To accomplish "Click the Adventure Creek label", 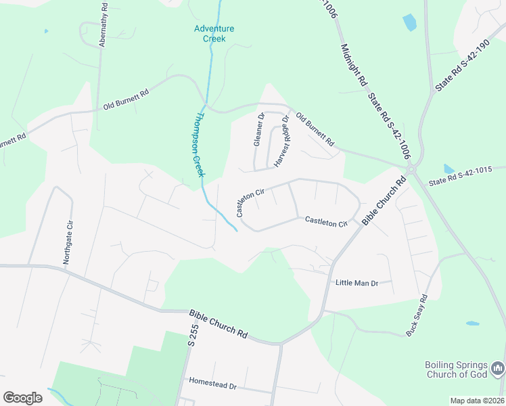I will (214, 33).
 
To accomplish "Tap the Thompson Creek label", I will (194, 144).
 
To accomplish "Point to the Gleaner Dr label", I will (258, 129).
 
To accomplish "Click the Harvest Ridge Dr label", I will (281, 141).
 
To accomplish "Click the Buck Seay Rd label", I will (417, 316).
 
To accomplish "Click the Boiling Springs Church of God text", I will (457, 369).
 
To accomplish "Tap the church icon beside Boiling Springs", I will (498, 369).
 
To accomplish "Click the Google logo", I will (22, 398).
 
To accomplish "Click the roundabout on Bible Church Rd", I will (410, 170).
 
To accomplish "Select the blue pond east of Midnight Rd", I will (410, 22).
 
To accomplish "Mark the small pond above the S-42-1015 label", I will (449, 168).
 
